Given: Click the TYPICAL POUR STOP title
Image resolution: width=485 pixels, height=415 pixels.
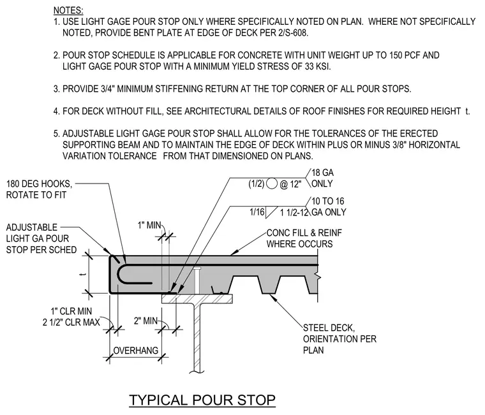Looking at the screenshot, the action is click(202, 400).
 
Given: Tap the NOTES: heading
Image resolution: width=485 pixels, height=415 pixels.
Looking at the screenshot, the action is click(68, 10).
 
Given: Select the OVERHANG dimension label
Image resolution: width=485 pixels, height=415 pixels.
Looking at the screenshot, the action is click(136, 351).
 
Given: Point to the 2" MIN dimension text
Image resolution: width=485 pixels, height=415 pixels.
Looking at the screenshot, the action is click(145, 321).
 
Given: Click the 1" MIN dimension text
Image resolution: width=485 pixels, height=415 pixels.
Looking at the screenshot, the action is click(149, 225).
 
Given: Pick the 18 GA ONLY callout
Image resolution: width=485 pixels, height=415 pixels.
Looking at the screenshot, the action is click(322, 178).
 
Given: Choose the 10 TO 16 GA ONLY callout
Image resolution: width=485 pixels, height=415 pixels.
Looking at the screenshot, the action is click(329, 207).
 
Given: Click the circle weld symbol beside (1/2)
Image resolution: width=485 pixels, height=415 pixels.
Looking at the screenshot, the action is click(272, 184).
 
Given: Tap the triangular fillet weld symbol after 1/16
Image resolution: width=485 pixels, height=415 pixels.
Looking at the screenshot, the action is click(271, 212).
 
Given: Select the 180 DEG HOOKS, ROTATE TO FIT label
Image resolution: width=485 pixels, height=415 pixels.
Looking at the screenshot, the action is click(39, 189).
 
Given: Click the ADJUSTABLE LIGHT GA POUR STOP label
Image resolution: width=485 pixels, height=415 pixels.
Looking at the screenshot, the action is click(41, 238).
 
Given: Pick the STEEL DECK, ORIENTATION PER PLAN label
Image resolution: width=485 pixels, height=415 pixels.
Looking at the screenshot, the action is click(339, 339).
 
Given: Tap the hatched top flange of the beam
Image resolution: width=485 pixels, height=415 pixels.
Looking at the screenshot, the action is click(197, 298).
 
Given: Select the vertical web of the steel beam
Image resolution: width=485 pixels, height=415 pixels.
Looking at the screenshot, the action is click(197, 339).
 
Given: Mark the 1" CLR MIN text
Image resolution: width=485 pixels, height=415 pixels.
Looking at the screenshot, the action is click(71, 311).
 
